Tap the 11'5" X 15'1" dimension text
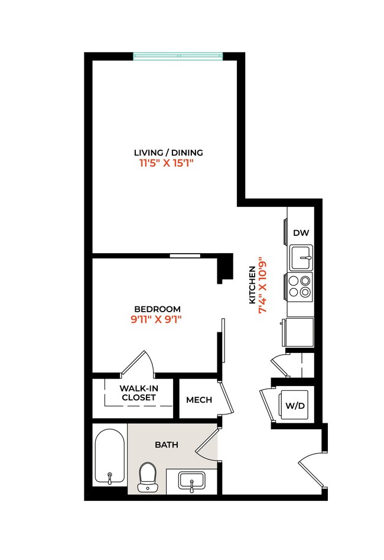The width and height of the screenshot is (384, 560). pos(167,163)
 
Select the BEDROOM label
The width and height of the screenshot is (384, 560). pos(157,309)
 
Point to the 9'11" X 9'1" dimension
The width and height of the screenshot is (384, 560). pos(157,320)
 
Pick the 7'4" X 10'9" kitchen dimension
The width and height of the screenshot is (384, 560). pos(264,287)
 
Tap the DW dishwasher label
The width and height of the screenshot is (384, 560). pos(301,233)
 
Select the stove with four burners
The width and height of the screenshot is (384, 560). pos(300,286)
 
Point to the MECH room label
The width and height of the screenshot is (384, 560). pos(199,400)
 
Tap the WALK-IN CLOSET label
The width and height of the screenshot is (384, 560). pos(138,393)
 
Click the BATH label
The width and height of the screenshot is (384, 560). pos(167,444)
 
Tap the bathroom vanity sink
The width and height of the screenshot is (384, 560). pos(192,481)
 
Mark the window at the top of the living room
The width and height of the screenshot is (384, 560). pos(177,57)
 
